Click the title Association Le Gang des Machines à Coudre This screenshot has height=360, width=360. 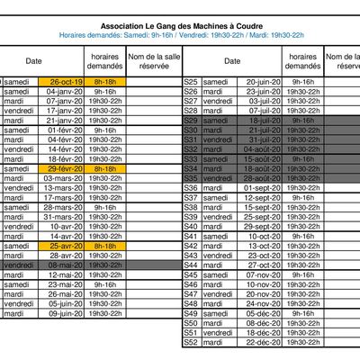pyautogui.click(x=180, y=27)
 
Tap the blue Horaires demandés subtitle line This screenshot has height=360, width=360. pyautogui.click(x=180, y=36)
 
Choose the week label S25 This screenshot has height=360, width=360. pyautogui.click(x=191, y=82)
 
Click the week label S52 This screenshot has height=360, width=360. pyautogui.click(x=191, y=343)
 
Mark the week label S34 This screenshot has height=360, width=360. pyautogui.click(x=191, y=168)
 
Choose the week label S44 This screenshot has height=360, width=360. pyautogui.click(x=191, y=265)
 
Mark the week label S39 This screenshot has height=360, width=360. pyautogui.click(x=191, y=217)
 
